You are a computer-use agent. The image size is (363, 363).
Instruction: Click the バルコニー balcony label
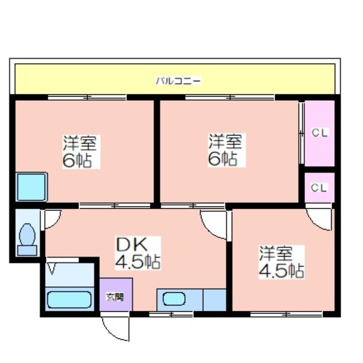[x=178, y=81]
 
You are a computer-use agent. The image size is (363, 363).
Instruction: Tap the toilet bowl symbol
[x=28, y=235]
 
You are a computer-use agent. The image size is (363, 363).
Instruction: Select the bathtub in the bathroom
[x=69, y=299]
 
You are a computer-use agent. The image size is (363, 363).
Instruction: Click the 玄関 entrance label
[x=115, y=297]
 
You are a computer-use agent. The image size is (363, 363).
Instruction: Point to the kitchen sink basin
[x=174, y=299]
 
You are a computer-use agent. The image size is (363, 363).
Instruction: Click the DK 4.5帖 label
[x=138, y=253]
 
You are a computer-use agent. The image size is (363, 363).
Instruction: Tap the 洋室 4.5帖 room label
[x=281, y=262]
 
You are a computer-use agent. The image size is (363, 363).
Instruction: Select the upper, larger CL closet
[x=319, y=133]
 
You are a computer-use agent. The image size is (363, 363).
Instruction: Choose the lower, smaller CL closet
[x=319, y=187]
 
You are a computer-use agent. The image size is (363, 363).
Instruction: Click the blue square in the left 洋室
[x=32, y=187]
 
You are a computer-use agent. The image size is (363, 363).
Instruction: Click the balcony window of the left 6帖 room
[x=87, y=98]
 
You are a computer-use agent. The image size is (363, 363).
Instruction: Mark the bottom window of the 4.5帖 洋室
[x=286, y=314]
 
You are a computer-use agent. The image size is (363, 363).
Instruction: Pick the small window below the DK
[x=171, y=314]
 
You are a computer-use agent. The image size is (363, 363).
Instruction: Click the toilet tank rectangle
[x=27, y=250]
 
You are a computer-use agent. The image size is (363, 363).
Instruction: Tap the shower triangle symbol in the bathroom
[x=52, y=269]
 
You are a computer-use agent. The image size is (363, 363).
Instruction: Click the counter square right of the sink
[x=215, y=300]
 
